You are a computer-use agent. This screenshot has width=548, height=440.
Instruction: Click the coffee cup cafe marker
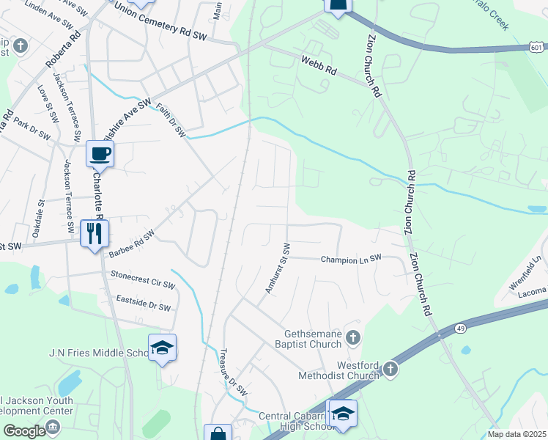coord(100,154)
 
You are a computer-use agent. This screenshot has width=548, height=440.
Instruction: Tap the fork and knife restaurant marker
coord(95,233)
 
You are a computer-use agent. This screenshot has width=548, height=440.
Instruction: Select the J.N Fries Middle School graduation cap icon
coord(163,348)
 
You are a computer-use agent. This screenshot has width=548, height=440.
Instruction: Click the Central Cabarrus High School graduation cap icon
coord(342,413)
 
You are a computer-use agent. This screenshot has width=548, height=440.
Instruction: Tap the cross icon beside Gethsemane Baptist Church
coord(353,337)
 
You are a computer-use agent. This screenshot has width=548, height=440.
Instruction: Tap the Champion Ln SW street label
coord(352,259)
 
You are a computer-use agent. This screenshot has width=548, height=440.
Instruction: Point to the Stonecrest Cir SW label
coord(143,279)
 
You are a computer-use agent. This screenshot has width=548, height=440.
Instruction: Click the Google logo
coord(24,430)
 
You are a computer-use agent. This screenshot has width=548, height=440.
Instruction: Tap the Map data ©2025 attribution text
coord(516,435)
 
